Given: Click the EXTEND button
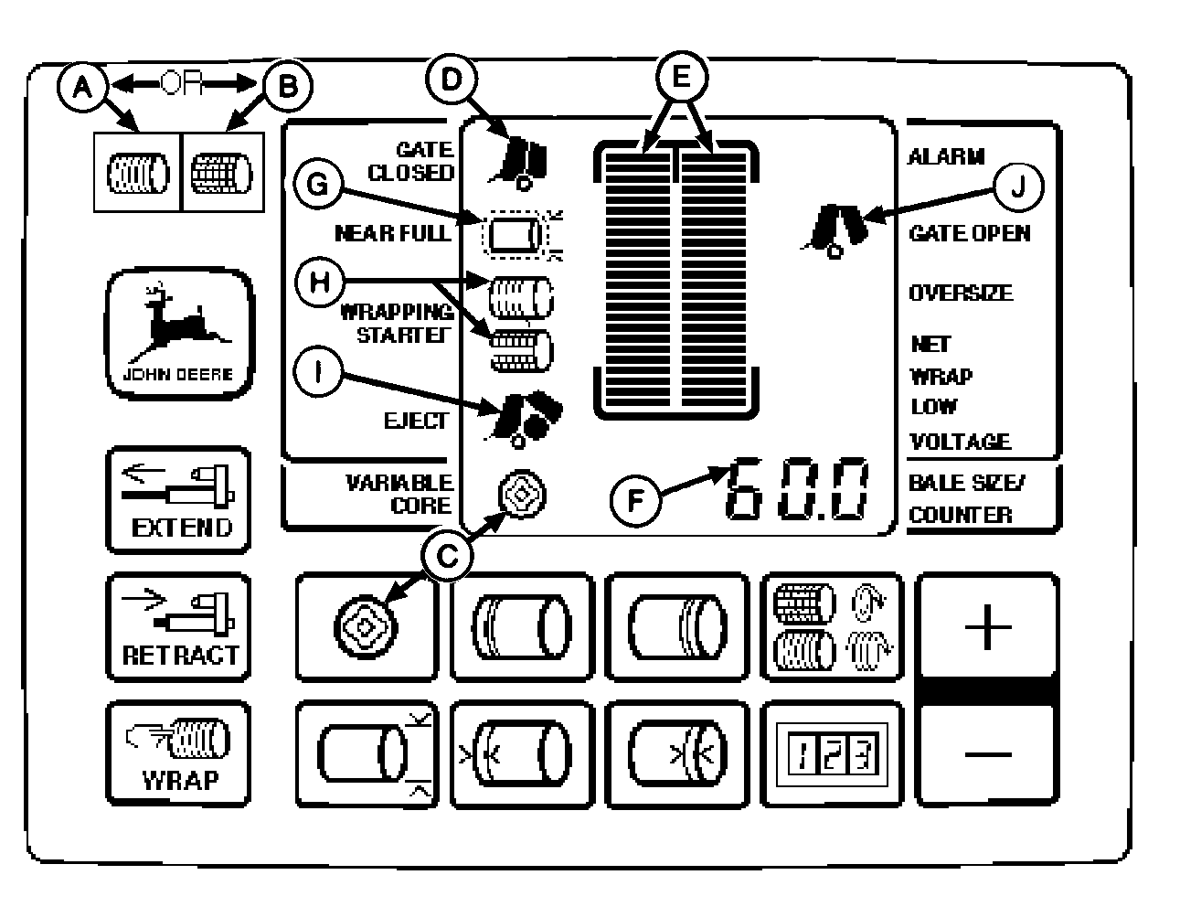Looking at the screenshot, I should (178, 499).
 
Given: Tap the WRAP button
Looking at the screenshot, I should (178, 752).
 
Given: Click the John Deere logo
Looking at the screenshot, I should (180, 334).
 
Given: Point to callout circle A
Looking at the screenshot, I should (83, 86).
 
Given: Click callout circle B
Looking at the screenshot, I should (286, 86).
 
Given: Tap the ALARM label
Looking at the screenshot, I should (946, 157).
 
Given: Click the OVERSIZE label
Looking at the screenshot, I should (960, 293).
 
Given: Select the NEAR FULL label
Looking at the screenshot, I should (393, 233).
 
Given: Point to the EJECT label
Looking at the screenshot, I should (416, 421).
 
